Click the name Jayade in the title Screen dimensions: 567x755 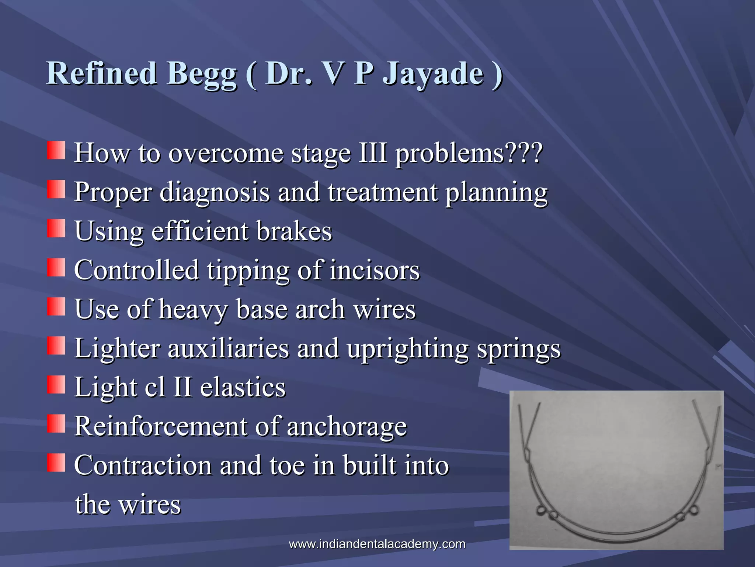tap(433, 74)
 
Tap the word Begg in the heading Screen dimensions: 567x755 tap(202, 74)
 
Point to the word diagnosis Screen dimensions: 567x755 tap(215, 193)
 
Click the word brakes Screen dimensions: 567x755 tap(294, 231)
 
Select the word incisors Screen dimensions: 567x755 tap(375, 270)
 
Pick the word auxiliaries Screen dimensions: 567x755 tap(228, 348)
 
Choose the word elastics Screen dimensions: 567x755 tap(243, 387)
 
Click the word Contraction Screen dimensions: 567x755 tap(143, 465)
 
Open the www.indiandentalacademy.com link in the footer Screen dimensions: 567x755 tap(377, 544)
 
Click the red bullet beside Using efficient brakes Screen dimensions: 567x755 tap(56, 228)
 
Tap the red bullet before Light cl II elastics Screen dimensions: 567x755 tap(56, 384)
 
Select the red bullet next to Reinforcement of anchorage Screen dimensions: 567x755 tap(56, 423)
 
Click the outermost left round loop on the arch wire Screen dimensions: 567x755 tap(541, 511)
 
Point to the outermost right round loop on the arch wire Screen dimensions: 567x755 tap(693, 511)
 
